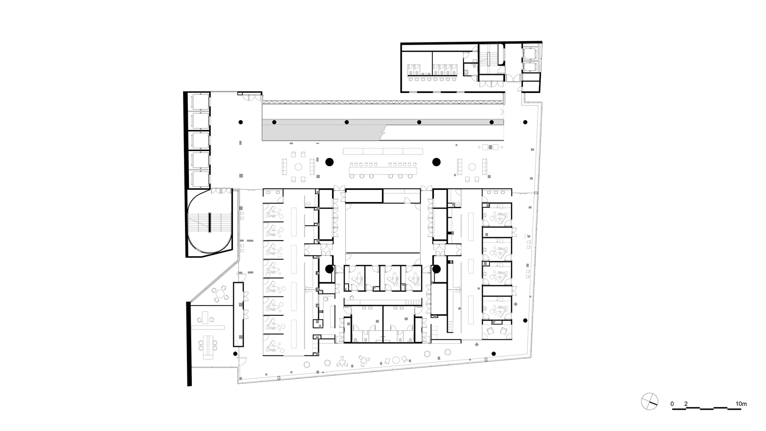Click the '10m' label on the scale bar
[x=741, y=404]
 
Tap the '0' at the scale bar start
[x=672, y=404]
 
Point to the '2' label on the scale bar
[x=686, y=404]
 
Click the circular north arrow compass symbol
[x=649, y=401]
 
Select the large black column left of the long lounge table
[x=329, y=162]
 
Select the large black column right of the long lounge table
[x=436, y=162]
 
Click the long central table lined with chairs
[x=383, y=170]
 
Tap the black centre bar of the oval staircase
[x=210, y=222]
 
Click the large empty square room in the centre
[x=383, y=228]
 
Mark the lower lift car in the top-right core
[x=530, y=67]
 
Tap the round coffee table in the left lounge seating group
[x=299, y=167]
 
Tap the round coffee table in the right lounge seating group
[x=472, y=167]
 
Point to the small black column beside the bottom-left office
[x=235, y=354]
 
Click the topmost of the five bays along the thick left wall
[x=200, y=102]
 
